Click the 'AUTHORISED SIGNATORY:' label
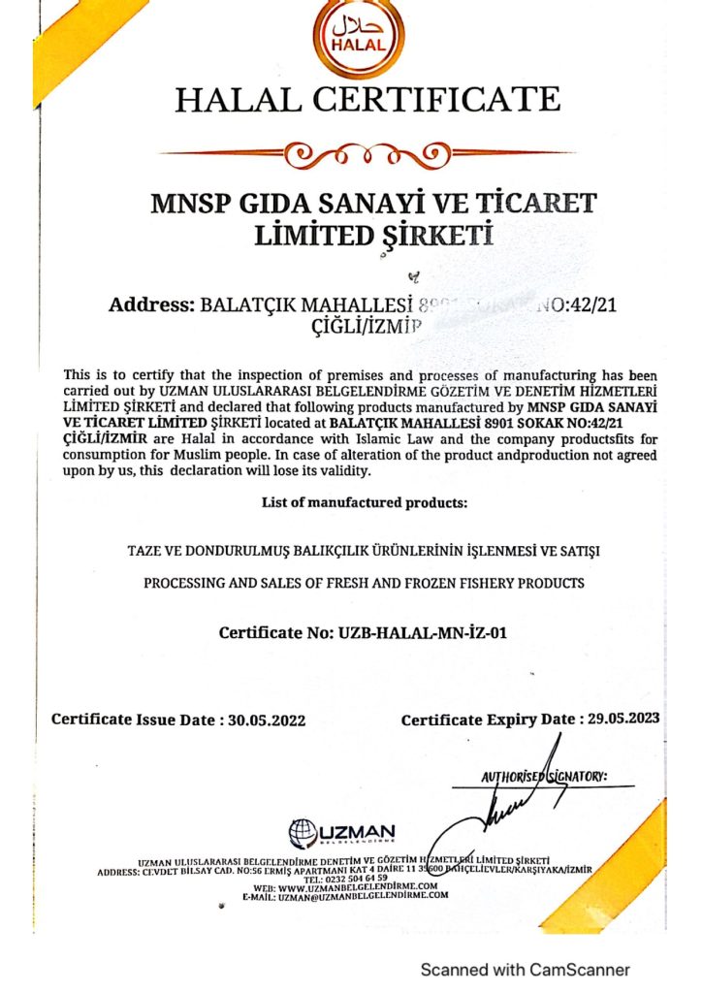543,777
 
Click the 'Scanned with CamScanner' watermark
525,969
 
